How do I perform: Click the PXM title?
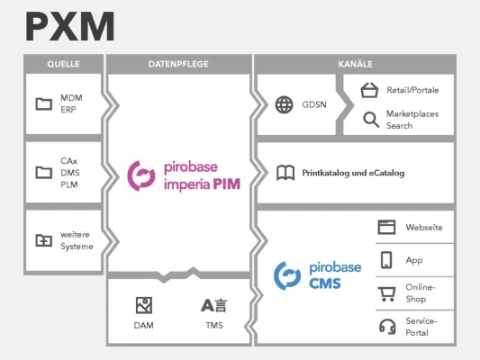point(70,27)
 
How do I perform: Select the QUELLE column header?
point(63,65)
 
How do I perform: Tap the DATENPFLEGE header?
point(178,65)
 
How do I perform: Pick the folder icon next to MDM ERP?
point(43,103)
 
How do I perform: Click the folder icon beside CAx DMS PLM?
point(43,172)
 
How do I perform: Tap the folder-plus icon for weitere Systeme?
point(43,240)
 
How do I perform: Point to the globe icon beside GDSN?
point(285,104)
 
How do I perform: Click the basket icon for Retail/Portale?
point(368,90)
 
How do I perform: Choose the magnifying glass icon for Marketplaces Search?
point(370,119)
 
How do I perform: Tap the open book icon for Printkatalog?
point(285,172)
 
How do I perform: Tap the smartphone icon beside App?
point(387,260)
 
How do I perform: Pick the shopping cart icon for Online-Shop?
point(387,292)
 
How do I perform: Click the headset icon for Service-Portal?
point(387,325)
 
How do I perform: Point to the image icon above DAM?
point(143,304)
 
